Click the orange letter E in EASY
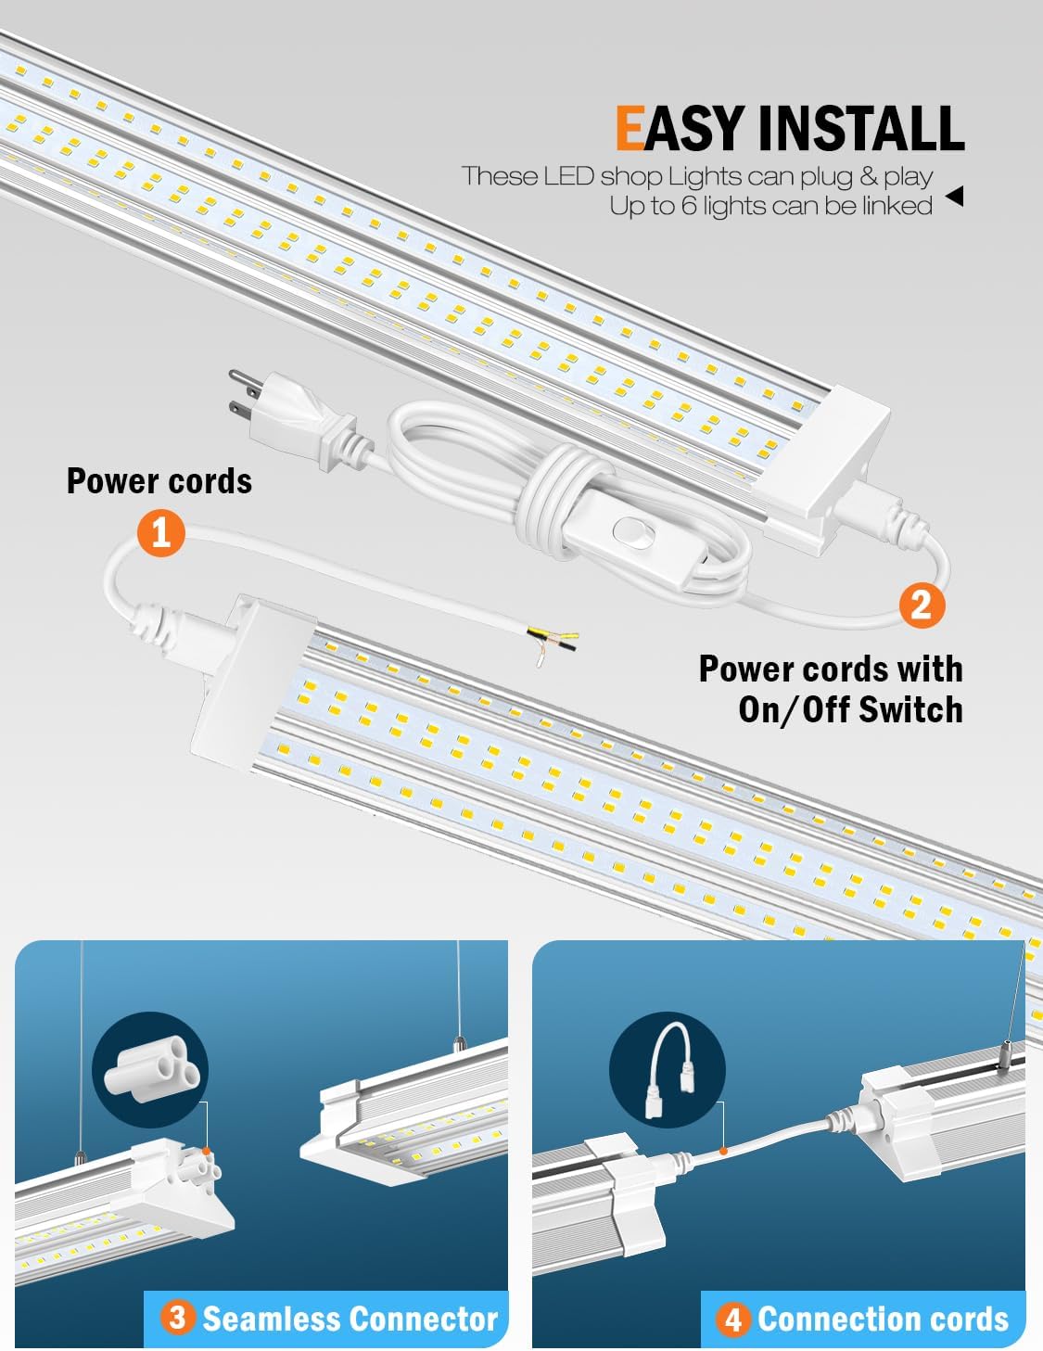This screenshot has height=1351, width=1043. click(630, 128)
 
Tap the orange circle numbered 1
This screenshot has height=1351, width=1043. click(160, 532)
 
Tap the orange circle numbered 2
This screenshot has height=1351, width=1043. click(922, 605)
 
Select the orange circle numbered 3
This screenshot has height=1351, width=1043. click(177, 1318)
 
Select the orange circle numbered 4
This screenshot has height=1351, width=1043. click(733, 1319)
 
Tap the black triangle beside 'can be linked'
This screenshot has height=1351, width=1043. click(954, 196)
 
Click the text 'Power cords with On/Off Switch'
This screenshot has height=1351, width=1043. click(831, 689)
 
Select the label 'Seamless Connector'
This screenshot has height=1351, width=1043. click(350, 1318)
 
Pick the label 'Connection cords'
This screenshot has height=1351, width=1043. click(883, 1319)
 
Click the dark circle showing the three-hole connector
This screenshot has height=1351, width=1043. click(149, 1072)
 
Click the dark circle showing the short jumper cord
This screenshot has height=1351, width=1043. click(667, 1072)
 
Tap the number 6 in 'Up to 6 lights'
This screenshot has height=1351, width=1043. click(688, 206)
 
